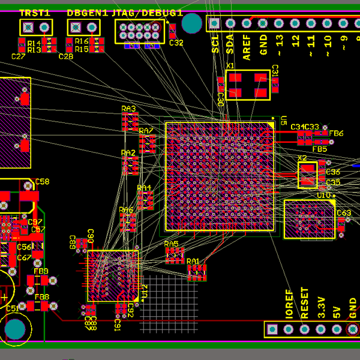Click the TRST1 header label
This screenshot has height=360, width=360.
(35, 13)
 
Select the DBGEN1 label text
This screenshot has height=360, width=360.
(87, 13)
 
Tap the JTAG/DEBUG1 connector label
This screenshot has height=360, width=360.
(147, 13)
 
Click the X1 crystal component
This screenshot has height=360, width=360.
(248, 85)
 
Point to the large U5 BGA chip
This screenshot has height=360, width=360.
(220, 177)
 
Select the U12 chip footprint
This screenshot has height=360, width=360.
(113, 275)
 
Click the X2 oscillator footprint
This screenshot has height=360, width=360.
(307, 175)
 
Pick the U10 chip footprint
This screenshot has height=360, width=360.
(309, 220)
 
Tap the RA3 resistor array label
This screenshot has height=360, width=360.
(128, 109)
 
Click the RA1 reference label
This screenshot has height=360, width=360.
(193, 261)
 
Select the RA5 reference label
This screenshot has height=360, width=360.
(171, 244)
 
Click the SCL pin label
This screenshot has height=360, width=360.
(215, 43)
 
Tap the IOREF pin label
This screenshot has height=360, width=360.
(289, 305)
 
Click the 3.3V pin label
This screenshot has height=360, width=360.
(321, 307)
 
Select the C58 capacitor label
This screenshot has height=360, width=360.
(42, 181)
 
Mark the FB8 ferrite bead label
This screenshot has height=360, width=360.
(41, 297)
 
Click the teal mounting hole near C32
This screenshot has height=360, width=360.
(192, 23)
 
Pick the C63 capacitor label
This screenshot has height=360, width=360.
(344, 213)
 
